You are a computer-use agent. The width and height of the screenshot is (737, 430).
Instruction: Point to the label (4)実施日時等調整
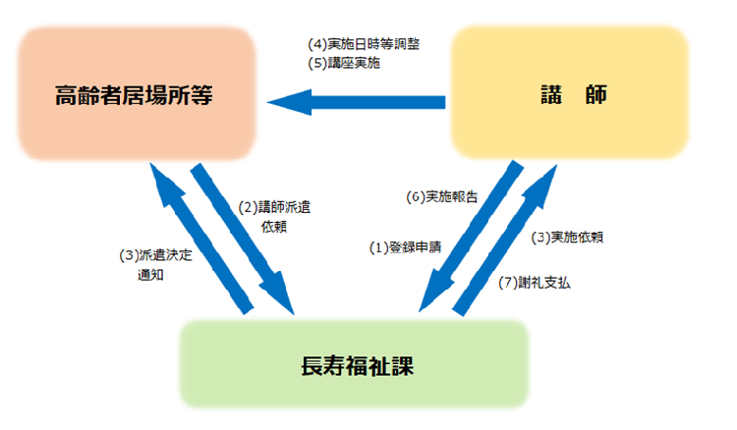click(x=364, y=45)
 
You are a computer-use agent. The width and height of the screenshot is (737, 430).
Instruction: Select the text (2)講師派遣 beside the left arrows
click(x=276, y=207)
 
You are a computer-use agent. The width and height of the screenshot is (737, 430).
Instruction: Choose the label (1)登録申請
click(x=404, y=247)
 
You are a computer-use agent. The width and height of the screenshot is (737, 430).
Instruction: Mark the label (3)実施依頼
click(x=567, y=238)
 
